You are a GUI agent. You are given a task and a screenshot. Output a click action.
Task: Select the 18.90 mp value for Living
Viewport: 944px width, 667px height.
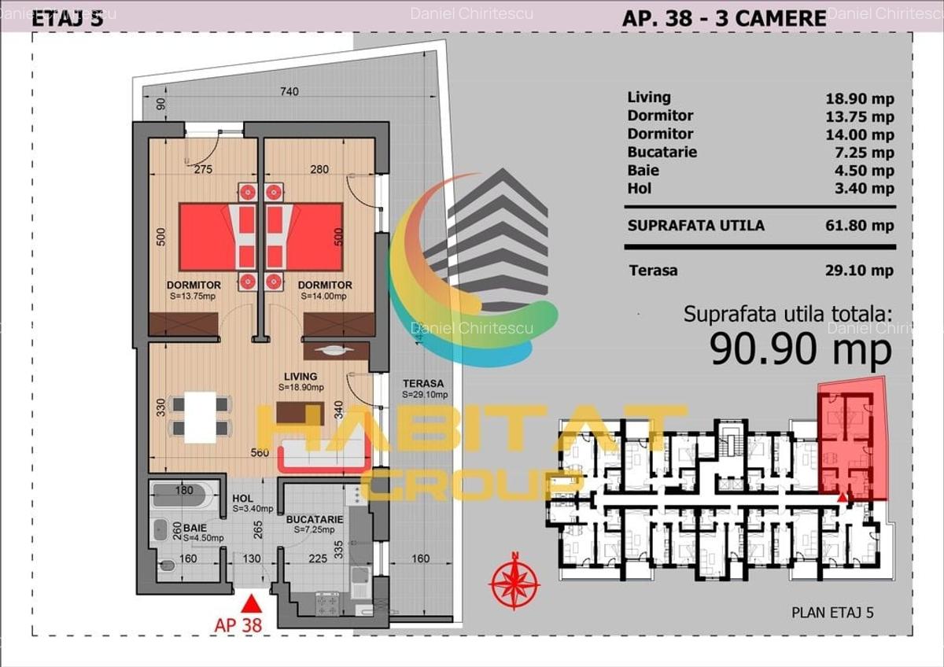pos(860,98)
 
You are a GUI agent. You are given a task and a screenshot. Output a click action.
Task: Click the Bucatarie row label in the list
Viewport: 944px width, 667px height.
pos(662,152)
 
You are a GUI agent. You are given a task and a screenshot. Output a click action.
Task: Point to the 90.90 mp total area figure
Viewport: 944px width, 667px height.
pos(800,348)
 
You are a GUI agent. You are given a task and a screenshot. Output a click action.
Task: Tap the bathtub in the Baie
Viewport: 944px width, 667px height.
pos(182,496)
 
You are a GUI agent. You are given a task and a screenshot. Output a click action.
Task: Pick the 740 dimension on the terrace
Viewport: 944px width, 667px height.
pos(289,92)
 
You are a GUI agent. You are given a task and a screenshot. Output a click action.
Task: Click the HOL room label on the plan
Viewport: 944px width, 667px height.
pos(242,499)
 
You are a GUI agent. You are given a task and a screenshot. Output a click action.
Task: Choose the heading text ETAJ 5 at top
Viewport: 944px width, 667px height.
pos(67,20)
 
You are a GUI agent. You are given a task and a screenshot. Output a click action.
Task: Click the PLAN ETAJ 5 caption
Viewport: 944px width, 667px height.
pos(832,613)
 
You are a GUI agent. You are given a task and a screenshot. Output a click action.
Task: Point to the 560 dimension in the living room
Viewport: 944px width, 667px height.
pos(260,453)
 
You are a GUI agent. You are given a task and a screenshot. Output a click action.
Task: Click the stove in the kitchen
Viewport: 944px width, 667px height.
pos(327,603)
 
